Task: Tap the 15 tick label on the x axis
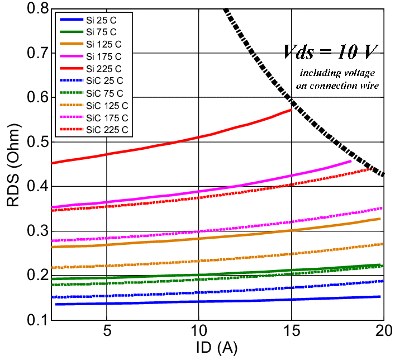tap(291, 330)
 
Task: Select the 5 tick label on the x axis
tap(107, 330)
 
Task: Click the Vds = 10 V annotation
tap(325, 54)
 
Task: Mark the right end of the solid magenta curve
tap(350, 162)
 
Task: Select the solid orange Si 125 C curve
tap(223, 236)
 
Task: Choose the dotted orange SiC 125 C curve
tap(223, 259)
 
